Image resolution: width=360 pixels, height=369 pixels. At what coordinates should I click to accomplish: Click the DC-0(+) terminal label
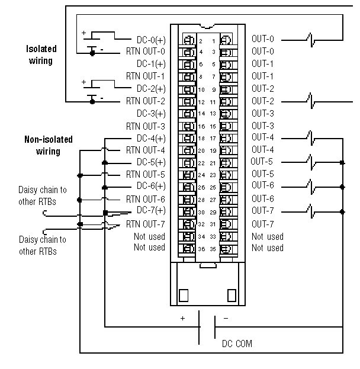151,39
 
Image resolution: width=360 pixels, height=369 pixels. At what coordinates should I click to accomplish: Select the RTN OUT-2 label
146,101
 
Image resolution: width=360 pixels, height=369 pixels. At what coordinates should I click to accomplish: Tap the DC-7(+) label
151,210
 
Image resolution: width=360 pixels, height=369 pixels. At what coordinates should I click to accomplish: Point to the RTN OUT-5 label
146,174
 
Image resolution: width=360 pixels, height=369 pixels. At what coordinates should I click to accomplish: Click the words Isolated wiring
40,54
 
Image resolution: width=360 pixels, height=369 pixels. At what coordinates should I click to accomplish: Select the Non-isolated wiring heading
48,145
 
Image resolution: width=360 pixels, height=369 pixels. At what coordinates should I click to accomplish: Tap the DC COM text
237,343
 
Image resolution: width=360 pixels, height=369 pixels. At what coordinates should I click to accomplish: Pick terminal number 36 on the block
201,249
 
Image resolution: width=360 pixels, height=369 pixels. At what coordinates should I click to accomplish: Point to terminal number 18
201,138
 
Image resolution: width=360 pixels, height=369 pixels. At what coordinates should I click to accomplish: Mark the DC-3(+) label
151,113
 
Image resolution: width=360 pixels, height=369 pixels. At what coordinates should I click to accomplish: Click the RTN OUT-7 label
146,223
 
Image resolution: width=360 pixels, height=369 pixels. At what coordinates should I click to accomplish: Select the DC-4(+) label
151,138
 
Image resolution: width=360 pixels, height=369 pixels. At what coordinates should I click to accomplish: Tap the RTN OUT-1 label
146,76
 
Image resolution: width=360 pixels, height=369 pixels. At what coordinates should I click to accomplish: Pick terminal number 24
201,175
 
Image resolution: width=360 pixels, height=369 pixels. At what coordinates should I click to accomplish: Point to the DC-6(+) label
151,186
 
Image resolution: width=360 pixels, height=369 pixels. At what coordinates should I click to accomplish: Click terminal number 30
201,212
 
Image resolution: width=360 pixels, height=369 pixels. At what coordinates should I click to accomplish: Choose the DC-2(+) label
151,88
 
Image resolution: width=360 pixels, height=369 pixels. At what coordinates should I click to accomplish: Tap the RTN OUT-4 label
146,150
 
